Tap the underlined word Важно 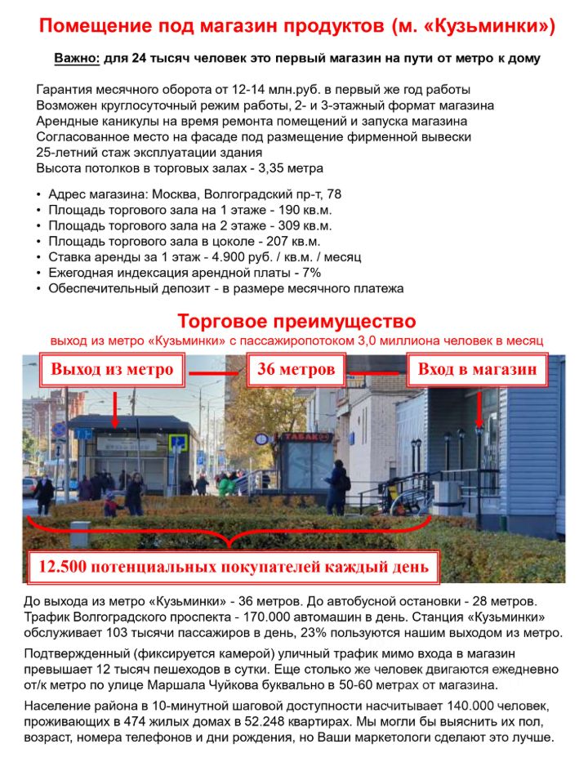pyautogui.click(x=76, y=60)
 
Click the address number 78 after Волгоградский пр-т pyautogui.click(x=333, y=194)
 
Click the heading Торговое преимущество pyautogui.click(x=296, y=321)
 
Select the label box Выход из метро pyautogui.click(x=112, y=370)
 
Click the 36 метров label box pyautogui.click(x=296, y=370)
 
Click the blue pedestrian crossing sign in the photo pyautogui.click(x=176, y=442)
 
